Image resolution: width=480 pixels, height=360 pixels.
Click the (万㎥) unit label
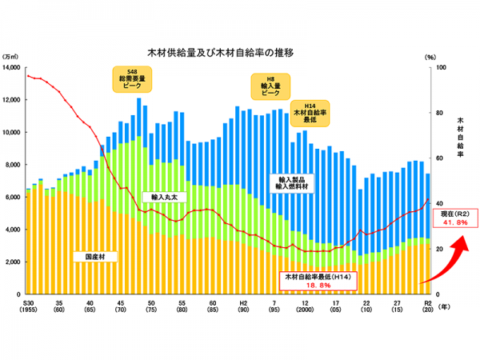[x=11, y=58]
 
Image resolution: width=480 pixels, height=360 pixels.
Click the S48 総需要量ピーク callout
[x=132, y=79]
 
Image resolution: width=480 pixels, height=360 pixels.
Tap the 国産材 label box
[x=95, y=257]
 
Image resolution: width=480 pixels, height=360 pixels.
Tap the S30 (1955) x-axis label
[x=28, y=308]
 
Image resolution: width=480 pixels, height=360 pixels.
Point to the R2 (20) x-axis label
[x=428, y=308]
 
